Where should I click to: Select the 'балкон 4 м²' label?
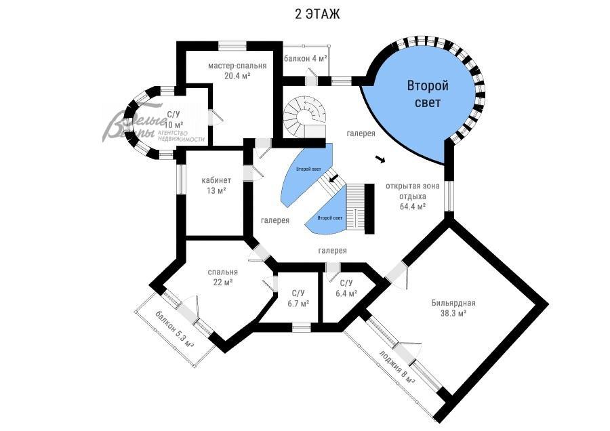click(x=306, y=59)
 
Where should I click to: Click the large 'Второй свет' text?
click(x=428, y=94)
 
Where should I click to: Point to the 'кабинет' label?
click(x=216, y=180)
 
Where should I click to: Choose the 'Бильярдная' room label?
click(x=453, y=303)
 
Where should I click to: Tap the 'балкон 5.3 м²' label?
click(x=174, y=329)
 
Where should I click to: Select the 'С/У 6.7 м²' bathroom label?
click(x=298, y=298)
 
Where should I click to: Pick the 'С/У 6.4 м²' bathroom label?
click(x=346, y=288)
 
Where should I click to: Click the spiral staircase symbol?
click(x=303, y=115)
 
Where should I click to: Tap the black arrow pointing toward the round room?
click(x=381, y=160)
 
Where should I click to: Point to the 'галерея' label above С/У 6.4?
click(x=333, y=251)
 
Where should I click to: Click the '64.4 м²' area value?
click(x=413, y=206)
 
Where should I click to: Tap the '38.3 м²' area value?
click(x=453, y=313)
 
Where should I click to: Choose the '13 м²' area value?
click(x=216, y=190)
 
